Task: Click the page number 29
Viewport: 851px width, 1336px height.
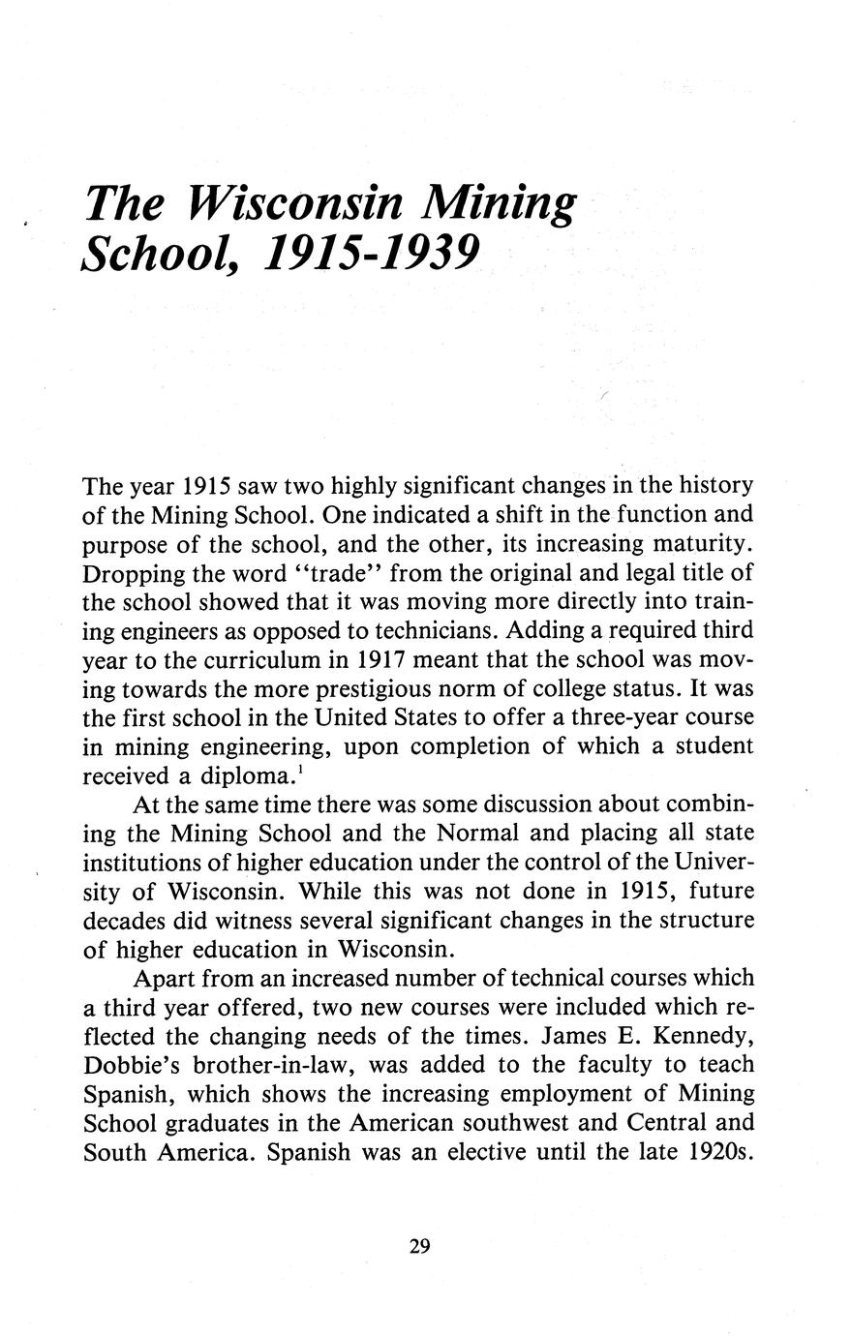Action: pyautogui.click(x=419, y=1245)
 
